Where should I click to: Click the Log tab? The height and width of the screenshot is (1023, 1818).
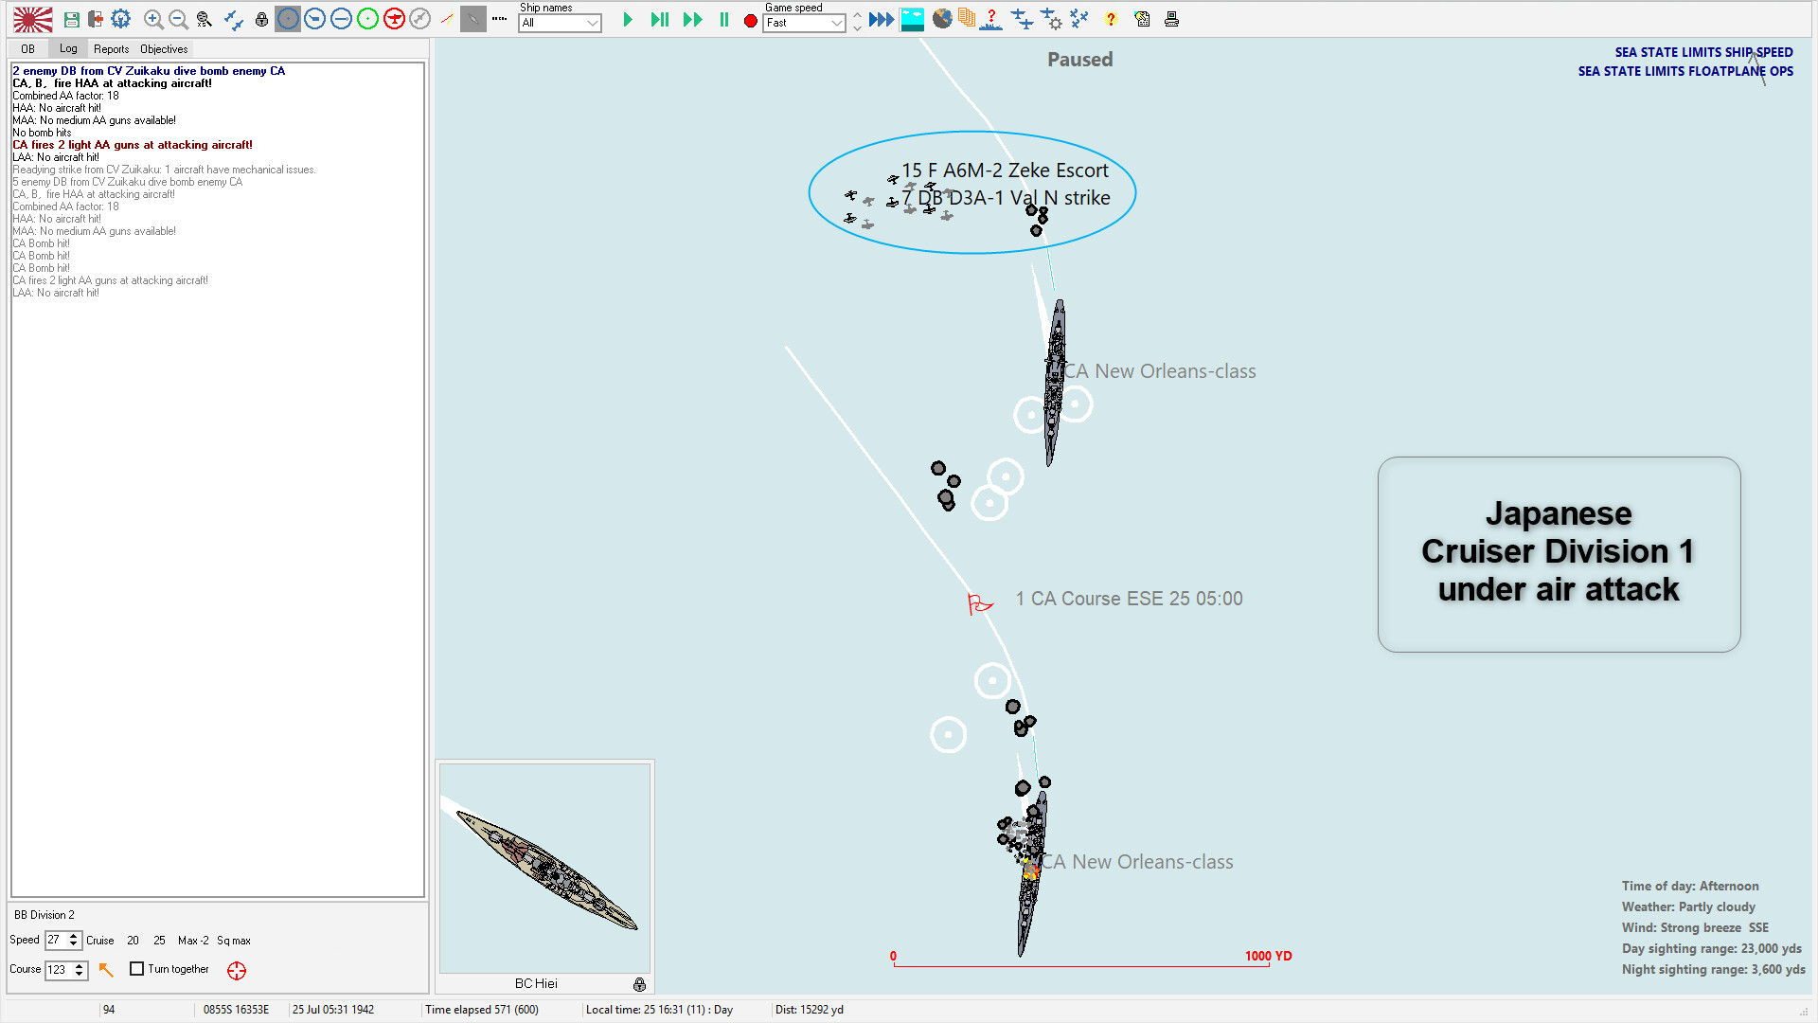click(68, 48)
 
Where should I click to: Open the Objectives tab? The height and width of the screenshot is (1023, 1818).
click(164, 49)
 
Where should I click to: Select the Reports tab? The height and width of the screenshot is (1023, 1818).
click(111, 49)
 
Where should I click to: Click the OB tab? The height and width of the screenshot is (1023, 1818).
click(27, 49)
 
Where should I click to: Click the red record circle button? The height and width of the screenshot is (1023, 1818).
click(751, 21)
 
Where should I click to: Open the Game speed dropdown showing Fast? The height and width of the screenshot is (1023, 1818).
click(804, 23)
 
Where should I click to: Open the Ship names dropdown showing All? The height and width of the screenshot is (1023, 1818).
click(560, 23)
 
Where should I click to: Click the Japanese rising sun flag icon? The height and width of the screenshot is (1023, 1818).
click(33, 19)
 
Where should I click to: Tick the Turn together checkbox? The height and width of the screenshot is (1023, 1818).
click(137, 969)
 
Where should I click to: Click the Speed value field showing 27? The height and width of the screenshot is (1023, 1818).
click(56, 940)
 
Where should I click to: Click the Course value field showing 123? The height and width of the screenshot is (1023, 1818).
click(58, 970)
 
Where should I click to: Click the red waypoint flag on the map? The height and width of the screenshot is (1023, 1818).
click(978, 602)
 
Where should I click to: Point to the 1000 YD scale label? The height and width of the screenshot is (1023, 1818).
click(1268, 956)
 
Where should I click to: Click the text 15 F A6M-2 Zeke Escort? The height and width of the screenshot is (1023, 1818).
click(1004, 170)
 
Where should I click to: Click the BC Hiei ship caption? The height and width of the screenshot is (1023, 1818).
click(536, 983)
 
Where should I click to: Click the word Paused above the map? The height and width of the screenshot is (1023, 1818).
click(1079, 60)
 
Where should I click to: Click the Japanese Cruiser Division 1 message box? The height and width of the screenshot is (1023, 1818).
click(1559, 554)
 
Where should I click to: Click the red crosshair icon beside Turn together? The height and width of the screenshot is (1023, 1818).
click(237, 970)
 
